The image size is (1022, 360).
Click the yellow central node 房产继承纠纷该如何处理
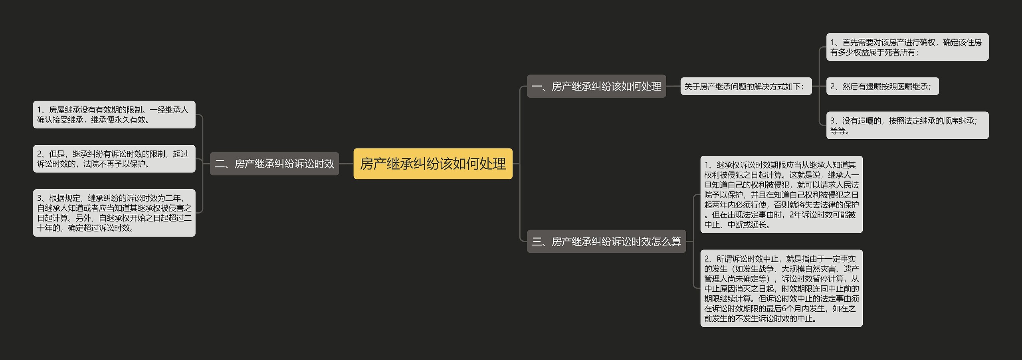pos(433,164)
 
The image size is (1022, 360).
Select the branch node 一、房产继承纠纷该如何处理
pos(596,86)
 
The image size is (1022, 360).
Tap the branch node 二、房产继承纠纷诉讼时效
pos(274,164)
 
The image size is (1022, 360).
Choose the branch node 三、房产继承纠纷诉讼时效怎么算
pos(606,241)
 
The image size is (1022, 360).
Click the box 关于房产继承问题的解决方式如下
pos(746,86)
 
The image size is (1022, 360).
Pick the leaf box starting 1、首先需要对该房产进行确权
pos(907,47)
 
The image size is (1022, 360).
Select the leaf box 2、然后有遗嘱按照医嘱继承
pos(882,86)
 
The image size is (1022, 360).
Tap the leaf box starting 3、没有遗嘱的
pos(907,125)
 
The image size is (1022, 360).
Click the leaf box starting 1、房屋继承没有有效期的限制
pos(114,115)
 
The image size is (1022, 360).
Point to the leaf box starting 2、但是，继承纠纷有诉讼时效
pos(114,159)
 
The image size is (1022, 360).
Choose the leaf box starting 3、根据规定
pos(114,213)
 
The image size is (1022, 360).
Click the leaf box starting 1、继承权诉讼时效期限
pos(781,194)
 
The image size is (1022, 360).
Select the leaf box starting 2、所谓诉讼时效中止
pos(781,288)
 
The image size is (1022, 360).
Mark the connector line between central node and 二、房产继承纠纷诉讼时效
pos(346,164)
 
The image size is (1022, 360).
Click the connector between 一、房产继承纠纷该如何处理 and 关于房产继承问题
pos(673,86)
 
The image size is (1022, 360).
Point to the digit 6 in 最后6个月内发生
pos(784,309)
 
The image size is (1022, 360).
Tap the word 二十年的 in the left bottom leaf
pos(49,228)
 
